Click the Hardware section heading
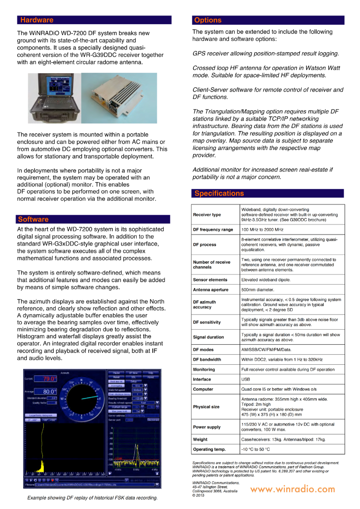point(37,20)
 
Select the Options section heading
point(208,20)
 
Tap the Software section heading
point(33,219)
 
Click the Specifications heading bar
point(219,193)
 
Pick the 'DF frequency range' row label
point(213,230)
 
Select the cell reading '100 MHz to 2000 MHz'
point(262,230)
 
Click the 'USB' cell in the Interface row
point(245,379)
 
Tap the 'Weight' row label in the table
point(200,440)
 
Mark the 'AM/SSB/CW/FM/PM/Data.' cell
point(266,350)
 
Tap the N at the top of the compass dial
point(81,380)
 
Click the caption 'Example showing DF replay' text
point(92,498)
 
